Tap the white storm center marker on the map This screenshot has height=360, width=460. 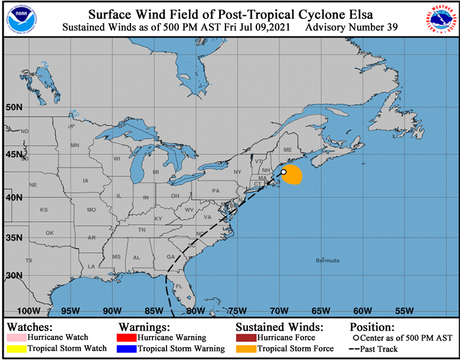coord(283,172)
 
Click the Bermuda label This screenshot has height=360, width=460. coord(328,260)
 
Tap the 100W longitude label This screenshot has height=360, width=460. coord(28,311)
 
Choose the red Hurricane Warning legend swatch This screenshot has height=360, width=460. coord(127,338)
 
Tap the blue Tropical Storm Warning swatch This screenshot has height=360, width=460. coord(127,349)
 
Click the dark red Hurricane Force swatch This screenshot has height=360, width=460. coord(245,338)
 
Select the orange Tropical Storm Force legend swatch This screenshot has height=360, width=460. coord(245,349)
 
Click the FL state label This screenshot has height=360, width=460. coord(179,286)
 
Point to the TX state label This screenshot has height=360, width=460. coord(28,260)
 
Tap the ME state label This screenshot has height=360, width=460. coord(288,150)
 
